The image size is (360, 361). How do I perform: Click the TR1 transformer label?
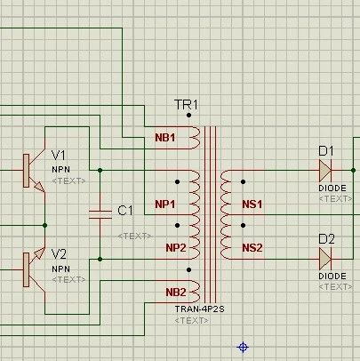(186, 105)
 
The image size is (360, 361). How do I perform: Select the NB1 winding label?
(165, 138)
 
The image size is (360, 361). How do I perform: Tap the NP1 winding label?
(165, 204)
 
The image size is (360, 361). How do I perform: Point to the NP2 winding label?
(176, 248)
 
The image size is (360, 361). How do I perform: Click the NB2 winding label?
(176, 293)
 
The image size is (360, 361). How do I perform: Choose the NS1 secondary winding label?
(252, 204)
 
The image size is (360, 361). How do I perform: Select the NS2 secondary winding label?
(252, 248)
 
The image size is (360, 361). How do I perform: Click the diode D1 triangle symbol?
(325, 171)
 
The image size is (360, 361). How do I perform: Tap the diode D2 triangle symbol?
(325, 259)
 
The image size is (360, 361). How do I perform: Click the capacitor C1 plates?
(100, 214)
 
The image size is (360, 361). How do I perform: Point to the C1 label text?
(125, 211)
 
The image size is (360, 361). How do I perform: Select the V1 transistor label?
(59, 155)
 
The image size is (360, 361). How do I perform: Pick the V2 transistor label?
(59, 254)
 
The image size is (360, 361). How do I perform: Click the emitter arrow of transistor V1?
(39, 187)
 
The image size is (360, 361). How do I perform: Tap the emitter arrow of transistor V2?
(39, 253)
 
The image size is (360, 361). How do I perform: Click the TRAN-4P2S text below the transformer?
(199, 309)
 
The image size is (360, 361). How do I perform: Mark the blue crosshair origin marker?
(243, 347)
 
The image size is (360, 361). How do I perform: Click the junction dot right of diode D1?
(353, 171)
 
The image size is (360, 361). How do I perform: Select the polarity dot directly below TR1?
(188, 116)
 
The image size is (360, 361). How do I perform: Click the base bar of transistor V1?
(27, 171)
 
